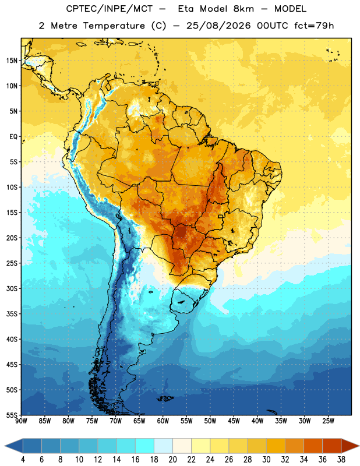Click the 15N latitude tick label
click(12, 61)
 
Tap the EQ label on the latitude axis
click(13, 137)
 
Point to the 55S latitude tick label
click(12, 415)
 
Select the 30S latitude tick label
click(12, 288)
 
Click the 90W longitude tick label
click(21, 421)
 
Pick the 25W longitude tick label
click(328, 421)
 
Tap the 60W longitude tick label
click(163, 421)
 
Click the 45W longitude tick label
click(234, 421)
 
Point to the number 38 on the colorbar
click(341, 460)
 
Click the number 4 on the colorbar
click(23, 460)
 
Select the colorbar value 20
click(172, 460)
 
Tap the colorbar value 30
click(266, 460)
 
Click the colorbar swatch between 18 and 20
click(163, 446)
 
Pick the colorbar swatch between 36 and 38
click(332, 446)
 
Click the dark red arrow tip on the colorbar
click(359, 446)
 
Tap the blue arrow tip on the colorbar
click(5, 446)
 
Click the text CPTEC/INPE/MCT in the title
click(110, 9)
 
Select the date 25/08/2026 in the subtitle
click(218, 26)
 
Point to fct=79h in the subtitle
click(314, 26)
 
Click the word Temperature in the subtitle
click(114, 26)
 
